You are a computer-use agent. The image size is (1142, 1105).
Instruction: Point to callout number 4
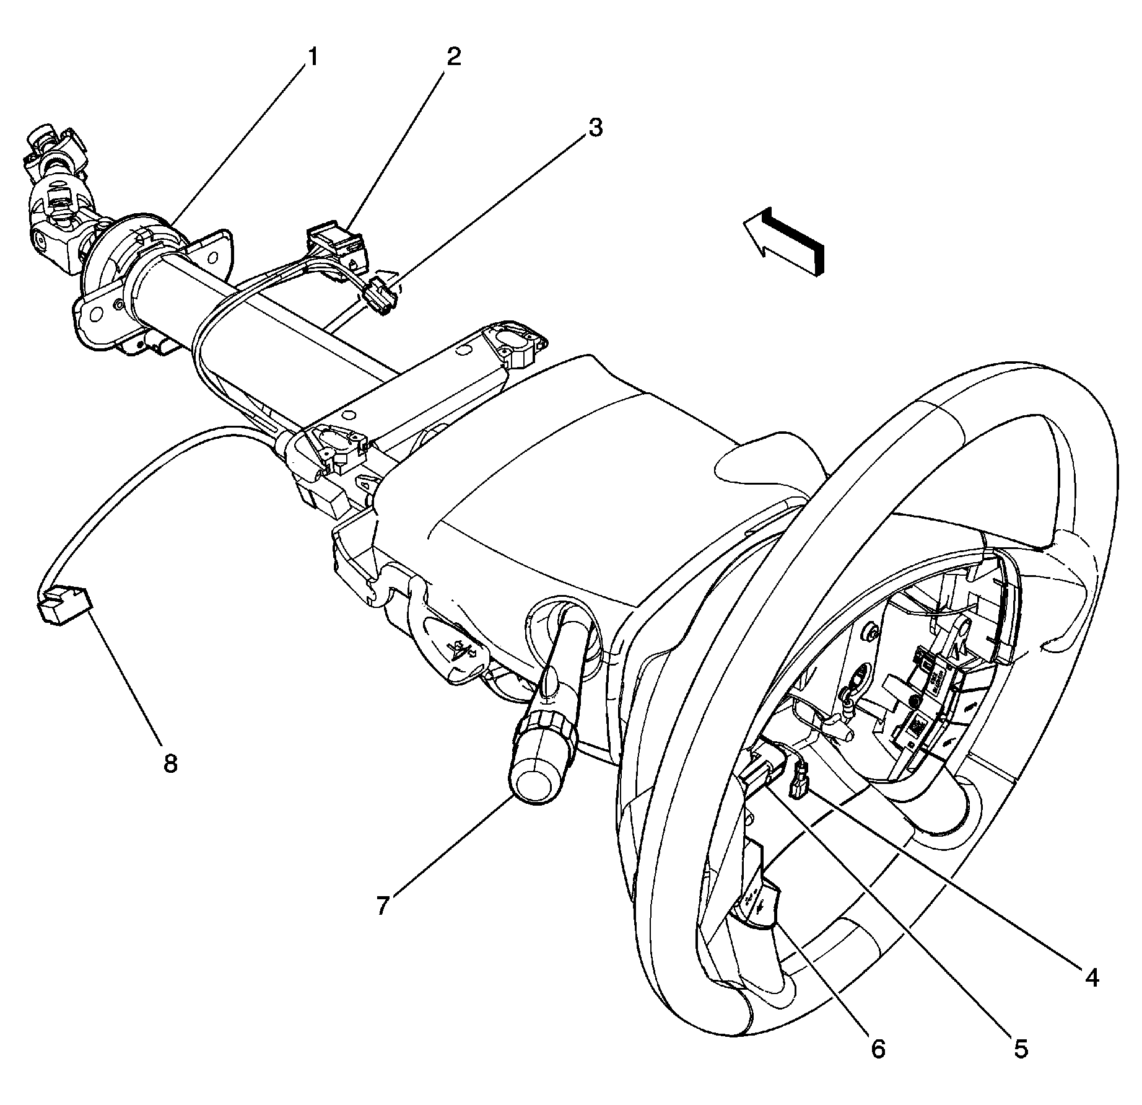click(x=1091, y=977)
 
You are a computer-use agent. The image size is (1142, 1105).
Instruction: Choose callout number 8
click(x=170, y=764)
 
